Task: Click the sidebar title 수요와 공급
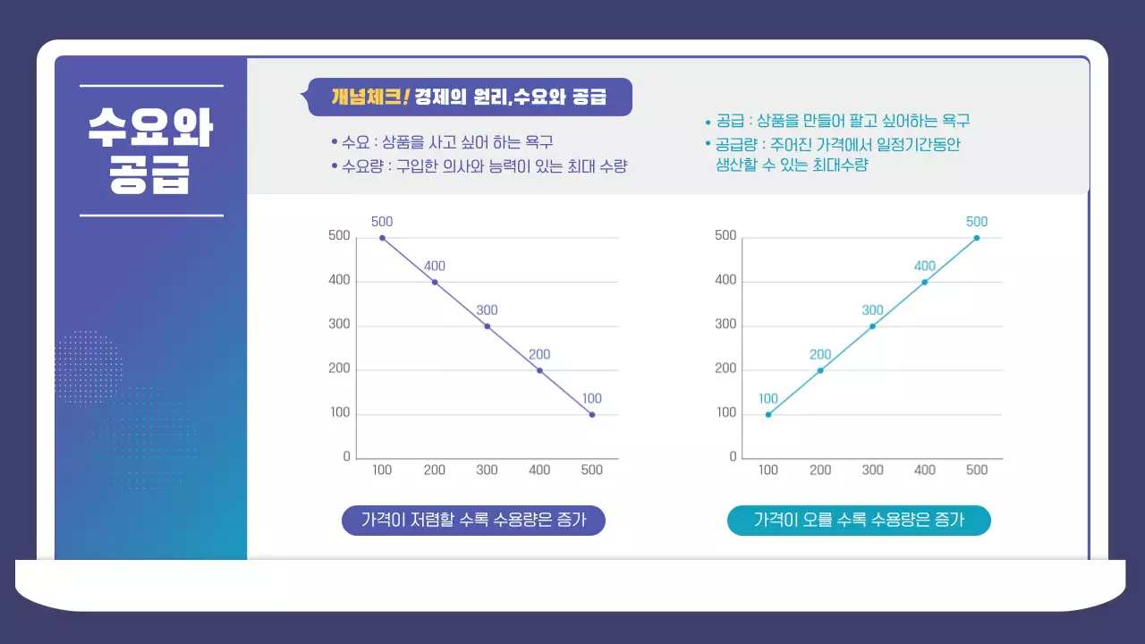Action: (150, 151)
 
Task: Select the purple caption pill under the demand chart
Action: (473, 520)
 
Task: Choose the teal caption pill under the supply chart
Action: (859, 520)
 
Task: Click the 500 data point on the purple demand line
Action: (382, 238)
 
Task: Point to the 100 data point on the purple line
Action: (592, 415)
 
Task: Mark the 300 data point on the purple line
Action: (488, 326)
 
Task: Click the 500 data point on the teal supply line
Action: (977, 238)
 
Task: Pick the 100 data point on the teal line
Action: (768, 415)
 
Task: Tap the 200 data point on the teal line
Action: (820, 370)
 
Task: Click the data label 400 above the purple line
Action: (435, 266)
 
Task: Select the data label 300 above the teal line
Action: (872, 310)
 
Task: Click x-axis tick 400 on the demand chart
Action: (540, 470)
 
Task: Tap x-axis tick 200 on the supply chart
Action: (820, 470)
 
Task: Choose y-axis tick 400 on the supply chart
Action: (725, 280)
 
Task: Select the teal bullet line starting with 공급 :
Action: (837, 121)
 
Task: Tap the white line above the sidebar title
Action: (151, 87)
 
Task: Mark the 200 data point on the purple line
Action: (539, 370)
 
